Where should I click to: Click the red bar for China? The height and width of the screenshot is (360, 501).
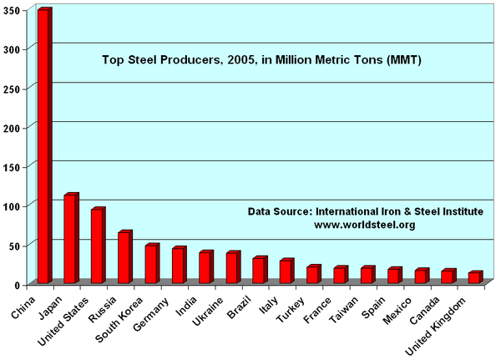(x=43, y=146)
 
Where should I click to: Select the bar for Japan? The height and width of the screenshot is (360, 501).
(x=70, y=239)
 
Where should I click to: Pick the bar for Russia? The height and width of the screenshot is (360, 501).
(x=124, y=257)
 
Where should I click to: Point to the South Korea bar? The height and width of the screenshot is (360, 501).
(x=150, y=264)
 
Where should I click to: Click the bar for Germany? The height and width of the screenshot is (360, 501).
(x=178, y=266)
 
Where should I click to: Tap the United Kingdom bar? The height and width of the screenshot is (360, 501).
(x=473, y=277)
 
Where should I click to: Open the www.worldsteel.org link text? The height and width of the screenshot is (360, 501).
(x=364, y=225)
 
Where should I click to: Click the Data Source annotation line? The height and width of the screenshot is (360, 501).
(x=364, y=211)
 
